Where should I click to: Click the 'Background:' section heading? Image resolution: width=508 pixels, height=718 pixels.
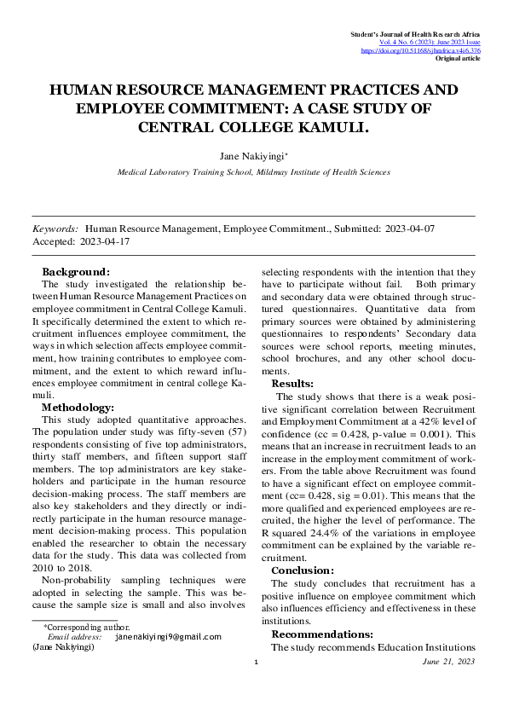point(75,271)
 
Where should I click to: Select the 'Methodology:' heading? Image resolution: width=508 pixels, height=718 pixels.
point(78,408)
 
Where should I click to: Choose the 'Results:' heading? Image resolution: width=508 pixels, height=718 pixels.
point(293,384)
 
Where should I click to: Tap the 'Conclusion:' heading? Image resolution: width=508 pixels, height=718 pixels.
point(303,570)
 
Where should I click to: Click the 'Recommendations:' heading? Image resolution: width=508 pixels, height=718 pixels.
point(322,634)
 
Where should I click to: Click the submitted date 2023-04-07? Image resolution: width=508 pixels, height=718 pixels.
point(411,229)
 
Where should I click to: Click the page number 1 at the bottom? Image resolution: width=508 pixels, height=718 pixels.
point(255,662)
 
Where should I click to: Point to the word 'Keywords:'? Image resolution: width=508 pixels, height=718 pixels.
point(55,229)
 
